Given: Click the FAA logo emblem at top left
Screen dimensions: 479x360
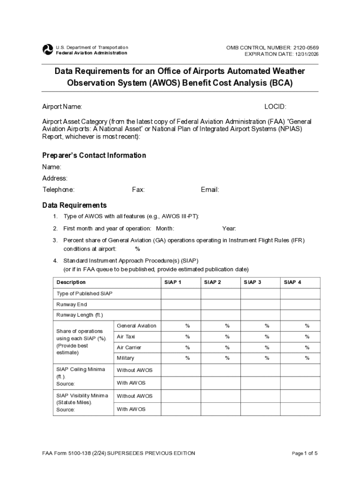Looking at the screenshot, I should coord(48,50).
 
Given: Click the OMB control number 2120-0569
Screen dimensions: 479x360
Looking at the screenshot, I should coord(306,48).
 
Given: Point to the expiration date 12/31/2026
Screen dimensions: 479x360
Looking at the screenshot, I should coord(307,54).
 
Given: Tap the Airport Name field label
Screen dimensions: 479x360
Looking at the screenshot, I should coord(62,107).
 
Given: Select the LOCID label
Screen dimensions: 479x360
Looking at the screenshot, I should coord(275,107).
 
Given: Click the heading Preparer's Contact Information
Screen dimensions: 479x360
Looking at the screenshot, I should coord(94,155).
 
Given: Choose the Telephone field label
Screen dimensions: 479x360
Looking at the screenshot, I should coord(58,189).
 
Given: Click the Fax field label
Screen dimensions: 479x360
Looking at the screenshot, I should coord(138,189).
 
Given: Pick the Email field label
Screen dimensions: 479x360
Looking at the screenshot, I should coord(210,189).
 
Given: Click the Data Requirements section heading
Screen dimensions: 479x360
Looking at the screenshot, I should coord(74,205).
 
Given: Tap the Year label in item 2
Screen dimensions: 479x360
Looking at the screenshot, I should coord(229,228).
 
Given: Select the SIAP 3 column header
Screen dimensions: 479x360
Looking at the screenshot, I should coord(252,282).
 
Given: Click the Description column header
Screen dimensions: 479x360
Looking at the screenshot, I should coord(71,282).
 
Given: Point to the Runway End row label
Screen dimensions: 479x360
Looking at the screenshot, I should coord(72,305).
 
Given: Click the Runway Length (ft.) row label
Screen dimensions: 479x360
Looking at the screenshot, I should coord(79,315).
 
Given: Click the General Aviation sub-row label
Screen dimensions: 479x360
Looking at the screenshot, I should coord(137,326).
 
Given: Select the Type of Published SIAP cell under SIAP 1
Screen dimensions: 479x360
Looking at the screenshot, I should coord(181,294).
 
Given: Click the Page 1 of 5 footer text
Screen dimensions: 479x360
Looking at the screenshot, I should coord(305,453).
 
